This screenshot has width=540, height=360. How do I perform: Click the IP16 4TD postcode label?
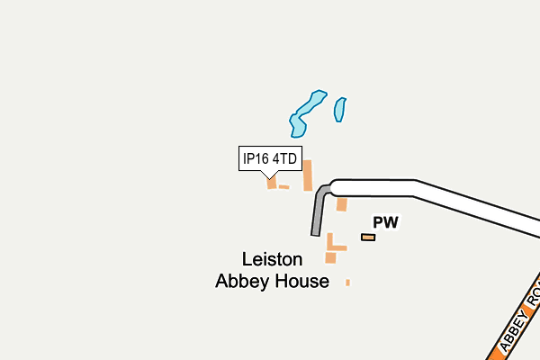270,158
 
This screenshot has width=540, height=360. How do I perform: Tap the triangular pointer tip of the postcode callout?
270,178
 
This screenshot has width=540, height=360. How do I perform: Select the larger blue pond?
307,113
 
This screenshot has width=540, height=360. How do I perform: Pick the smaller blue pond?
340,110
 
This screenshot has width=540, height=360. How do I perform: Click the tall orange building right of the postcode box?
308,175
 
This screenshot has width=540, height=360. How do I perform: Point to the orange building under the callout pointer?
272,183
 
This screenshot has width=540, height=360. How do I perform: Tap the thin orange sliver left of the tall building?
283,187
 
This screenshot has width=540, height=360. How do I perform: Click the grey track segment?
319,210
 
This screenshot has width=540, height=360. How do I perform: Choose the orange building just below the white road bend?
342,204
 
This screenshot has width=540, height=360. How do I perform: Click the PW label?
386,222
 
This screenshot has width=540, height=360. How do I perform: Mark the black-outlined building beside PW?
368,238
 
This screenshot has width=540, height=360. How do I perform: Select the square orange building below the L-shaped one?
330,257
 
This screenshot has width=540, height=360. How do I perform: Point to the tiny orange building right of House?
347,283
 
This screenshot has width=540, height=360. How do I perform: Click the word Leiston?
272,259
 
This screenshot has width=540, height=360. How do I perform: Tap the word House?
301,281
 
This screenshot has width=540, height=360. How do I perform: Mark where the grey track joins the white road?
330,189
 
